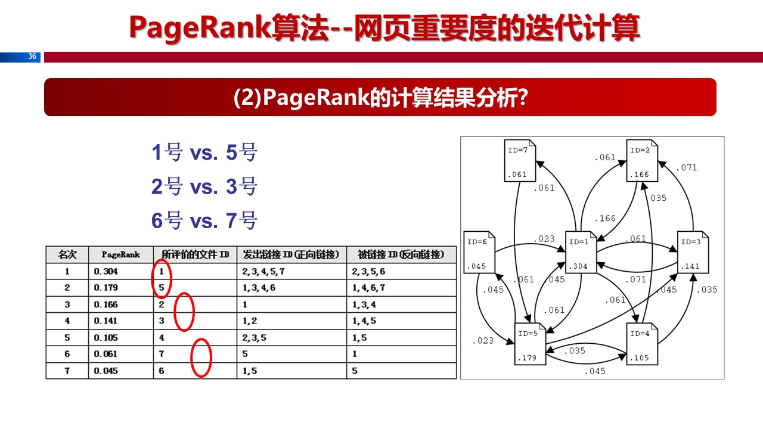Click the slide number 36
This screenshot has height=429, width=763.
(32, 57)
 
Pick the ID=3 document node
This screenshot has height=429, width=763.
(693, 252)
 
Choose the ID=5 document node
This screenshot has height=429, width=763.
(530, 343)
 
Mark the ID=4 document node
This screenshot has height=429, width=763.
(642, 343)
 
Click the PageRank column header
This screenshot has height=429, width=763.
(120, 254)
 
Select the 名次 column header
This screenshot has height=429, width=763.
(67, 254)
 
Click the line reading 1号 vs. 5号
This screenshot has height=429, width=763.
(204, 153)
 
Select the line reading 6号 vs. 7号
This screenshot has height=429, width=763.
(204, 221)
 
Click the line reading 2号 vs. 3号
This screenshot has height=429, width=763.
(204, 187)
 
